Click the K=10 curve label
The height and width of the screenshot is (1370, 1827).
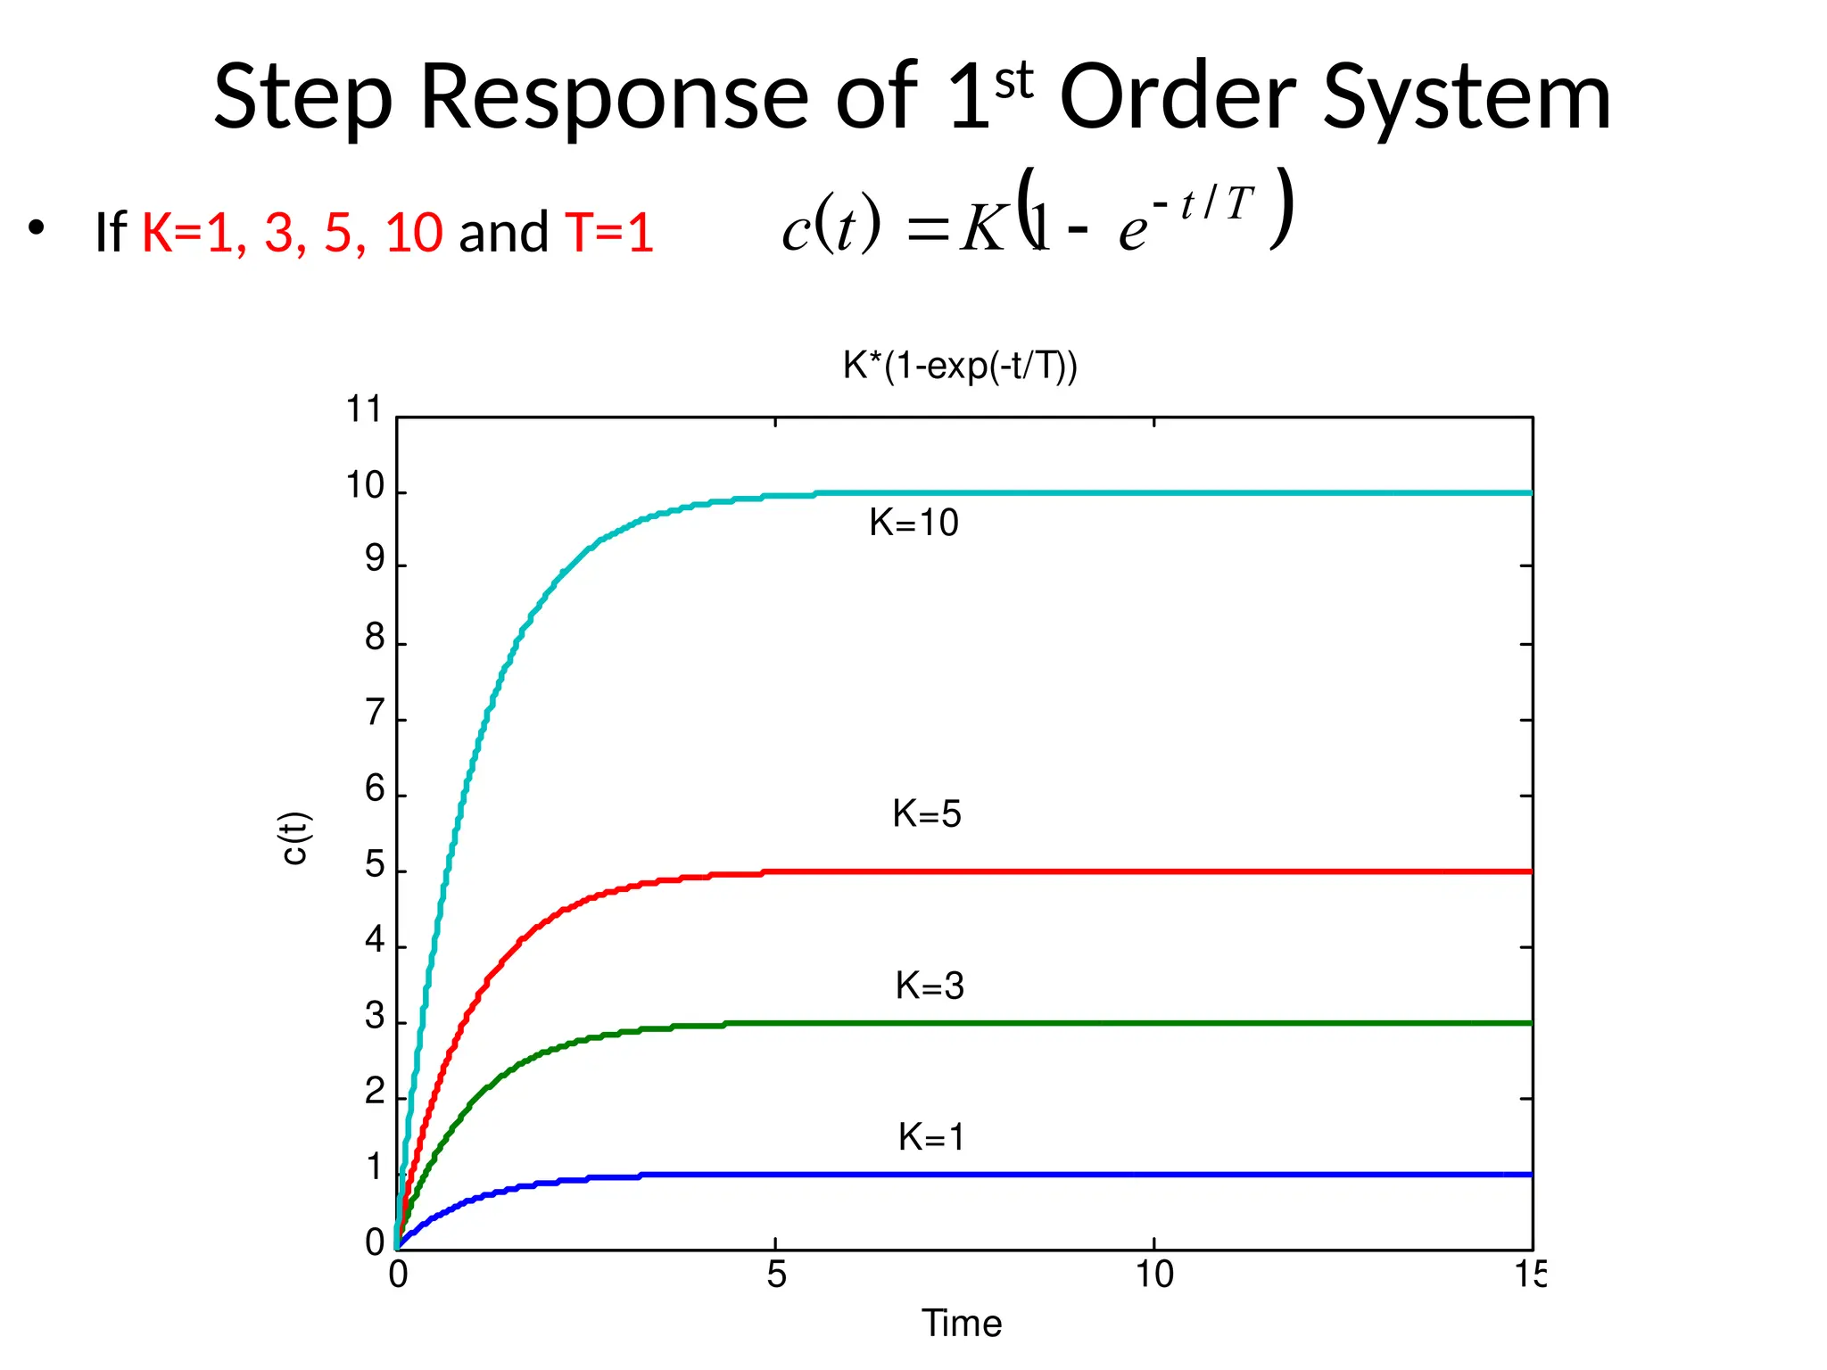click(913, 523)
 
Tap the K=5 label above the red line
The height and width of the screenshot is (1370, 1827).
click(927, 814)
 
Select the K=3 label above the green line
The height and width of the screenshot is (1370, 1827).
click(930, 986)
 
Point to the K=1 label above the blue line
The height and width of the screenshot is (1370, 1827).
click(931, 1138)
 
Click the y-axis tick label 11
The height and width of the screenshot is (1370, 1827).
click(363, 410)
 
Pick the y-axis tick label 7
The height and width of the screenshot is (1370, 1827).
click(375, 714)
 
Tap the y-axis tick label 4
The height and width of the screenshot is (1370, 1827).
click(375, 941)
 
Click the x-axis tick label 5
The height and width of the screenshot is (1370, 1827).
click(776, 1275)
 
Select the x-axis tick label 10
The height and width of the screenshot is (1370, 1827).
click(1153, 1275)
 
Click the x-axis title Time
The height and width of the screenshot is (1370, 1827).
click(962, 1324)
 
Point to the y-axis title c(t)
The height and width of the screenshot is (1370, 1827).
click(294, 838)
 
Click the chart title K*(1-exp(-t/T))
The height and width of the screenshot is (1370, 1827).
click(960, 367)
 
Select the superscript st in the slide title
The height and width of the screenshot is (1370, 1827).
click(1013, 80)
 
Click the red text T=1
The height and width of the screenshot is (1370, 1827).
click(609, 233)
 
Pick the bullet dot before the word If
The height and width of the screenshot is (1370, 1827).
click(36, 228)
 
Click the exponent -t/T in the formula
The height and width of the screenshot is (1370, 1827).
click(1204, 204)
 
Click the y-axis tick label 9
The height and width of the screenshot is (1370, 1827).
click(375, 560)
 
